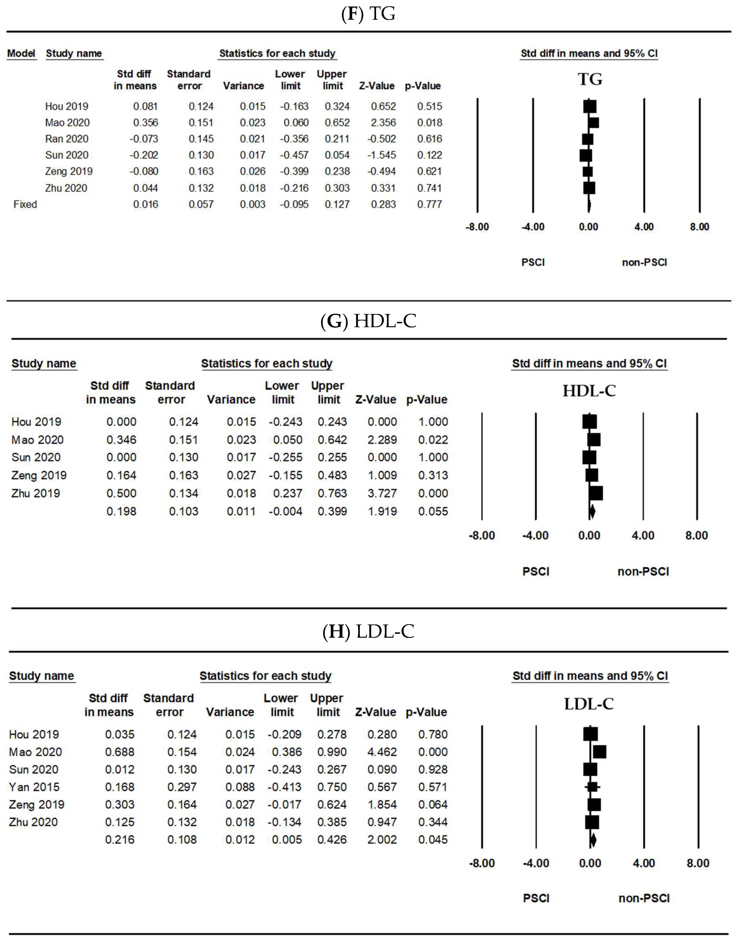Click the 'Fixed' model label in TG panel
pos(25,204)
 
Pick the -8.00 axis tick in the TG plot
pos(477,227)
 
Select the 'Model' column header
pos(21,53)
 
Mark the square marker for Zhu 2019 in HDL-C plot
pos(596,493)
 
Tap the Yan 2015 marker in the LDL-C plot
pos(593,787)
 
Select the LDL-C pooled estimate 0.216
pos(120,840)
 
